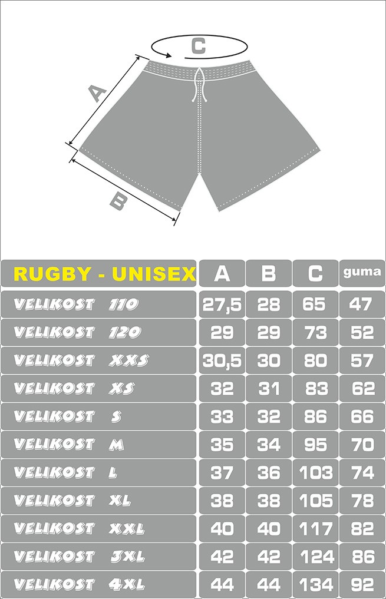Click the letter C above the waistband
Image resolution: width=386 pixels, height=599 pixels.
point(199,46)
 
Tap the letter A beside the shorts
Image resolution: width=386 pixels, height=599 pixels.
point(97,94)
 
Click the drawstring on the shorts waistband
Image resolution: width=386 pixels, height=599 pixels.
point(199,85)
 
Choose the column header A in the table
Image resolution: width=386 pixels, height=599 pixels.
point(222,273)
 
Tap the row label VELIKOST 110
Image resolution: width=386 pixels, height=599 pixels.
point(75,305)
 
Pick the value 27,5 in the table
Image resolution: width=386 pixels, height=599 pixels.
point(222,305)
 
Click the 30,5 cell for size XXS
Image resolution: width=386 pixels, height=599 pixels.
point(222,361)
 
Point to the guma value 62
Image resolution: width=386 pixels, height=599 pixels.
point(362,389)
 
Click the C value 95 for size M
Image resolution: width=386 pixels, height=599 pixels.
point(315,445)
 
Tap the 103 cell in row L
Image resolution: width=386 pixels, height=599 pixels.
point(316,473)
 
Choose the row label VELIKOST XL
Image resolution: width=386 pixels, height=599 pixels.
point(72,501)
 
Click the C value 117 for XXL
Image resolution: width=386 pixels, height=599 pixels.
point(316,529)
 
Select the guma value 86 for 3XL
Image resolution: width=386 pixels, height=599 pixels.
point(362,557)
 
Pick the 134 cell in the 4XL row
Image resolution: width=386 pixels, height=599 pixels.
point(316,585)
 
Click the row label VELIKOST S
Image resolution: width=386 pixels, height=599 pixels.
point(68,416)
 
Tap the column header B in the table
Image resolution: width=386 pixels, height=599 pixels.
point(269,273)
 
